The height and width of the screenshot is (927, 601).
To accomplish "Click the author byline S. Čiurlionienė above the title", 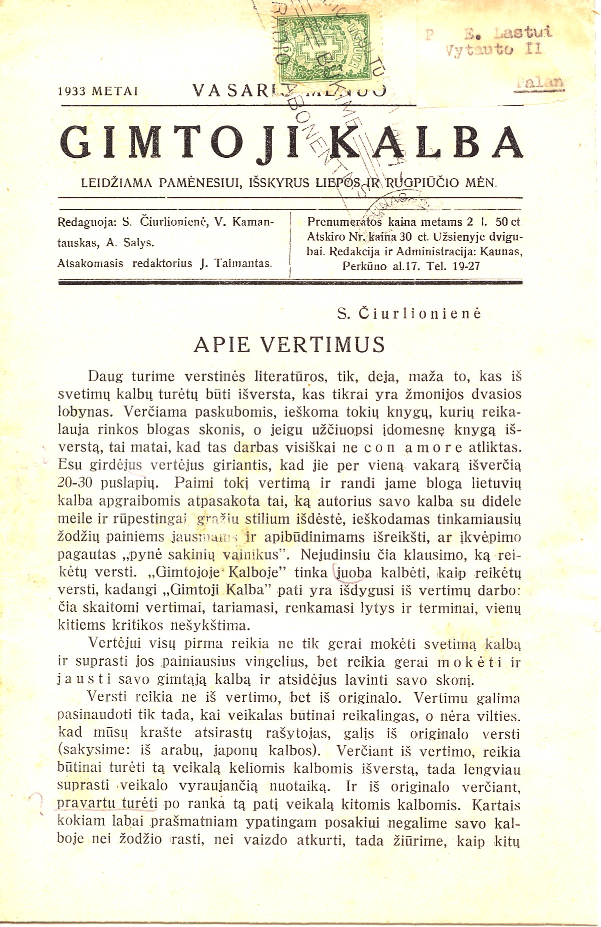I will point(409,314).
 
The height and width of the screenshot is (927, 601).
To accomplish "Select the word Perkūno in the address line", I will point(364,266).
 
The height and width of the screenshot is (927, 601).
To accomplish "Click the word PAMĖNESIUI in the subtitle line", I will point(198,183).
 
